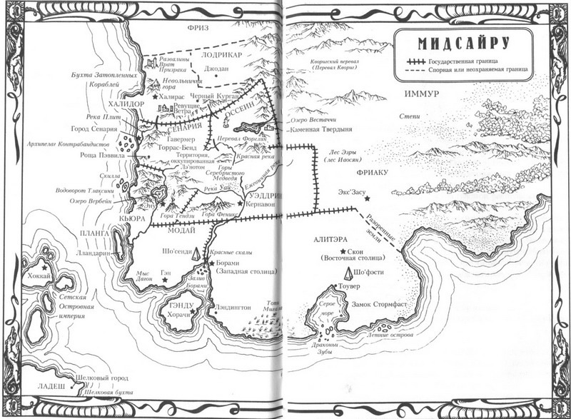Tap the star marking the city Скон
(x=343, y=253)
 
